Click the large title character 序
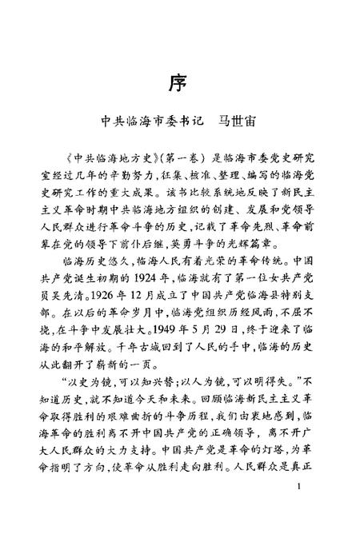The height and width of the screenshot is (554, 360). (179, 82)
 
